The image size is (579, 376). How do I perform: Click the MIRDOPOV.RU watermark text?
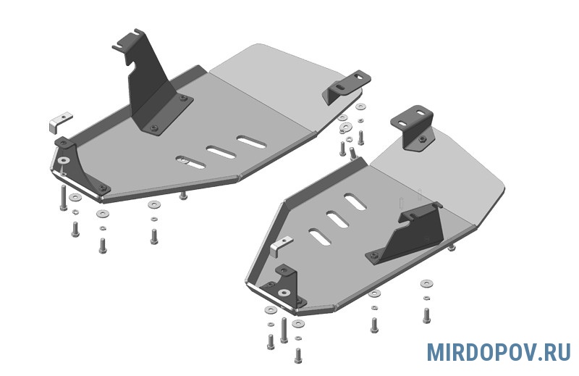click(499, 352)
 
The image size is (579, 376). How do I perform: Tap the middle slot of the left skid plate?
click(221, 152)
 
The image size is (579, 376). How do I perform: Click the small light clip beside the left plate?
click(59, 121)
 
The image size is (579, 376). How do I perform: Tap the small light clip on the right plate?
click(280, 246)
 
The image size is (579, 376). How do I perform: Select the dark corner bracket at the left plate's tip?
click(80, 167)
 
